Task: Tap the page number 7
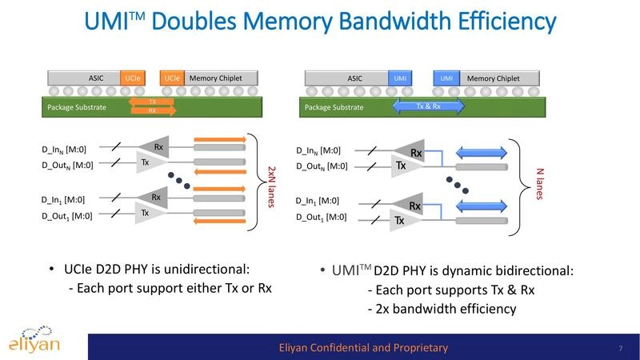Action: click(x=620, y=348)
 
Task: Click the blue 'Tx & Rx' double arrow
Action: click(x=429, y=106)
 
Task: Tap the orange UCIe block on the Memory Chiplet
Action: click(x=172, y=78)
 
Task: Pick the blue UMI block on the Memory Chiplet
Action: click(x=447, y=78)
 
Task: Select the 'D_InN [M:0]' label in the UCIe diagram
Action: click(x=66, y=150)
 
